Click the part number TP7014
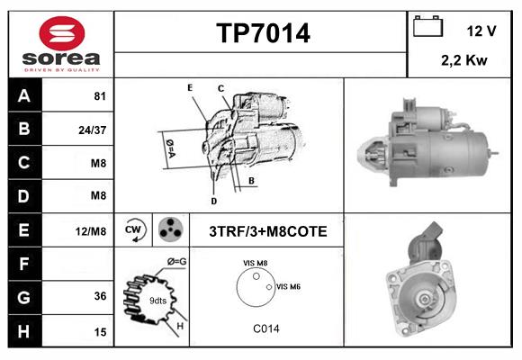(263, 34)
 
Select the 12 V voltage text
(481, 31)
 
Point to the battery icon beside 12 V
(426, 27)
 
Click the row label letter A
(24, 96)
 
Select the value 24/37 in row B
(93, 130)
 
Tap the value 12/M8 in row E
(92, 231)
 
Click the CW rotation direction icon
(134, 230)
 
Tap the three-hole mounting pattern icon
(169, 230)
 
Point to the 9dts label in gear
(158, 300)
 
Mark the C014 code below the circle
(266, 328)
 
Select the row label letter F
(24, 265)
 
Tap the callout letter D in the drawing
(213, 201)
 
